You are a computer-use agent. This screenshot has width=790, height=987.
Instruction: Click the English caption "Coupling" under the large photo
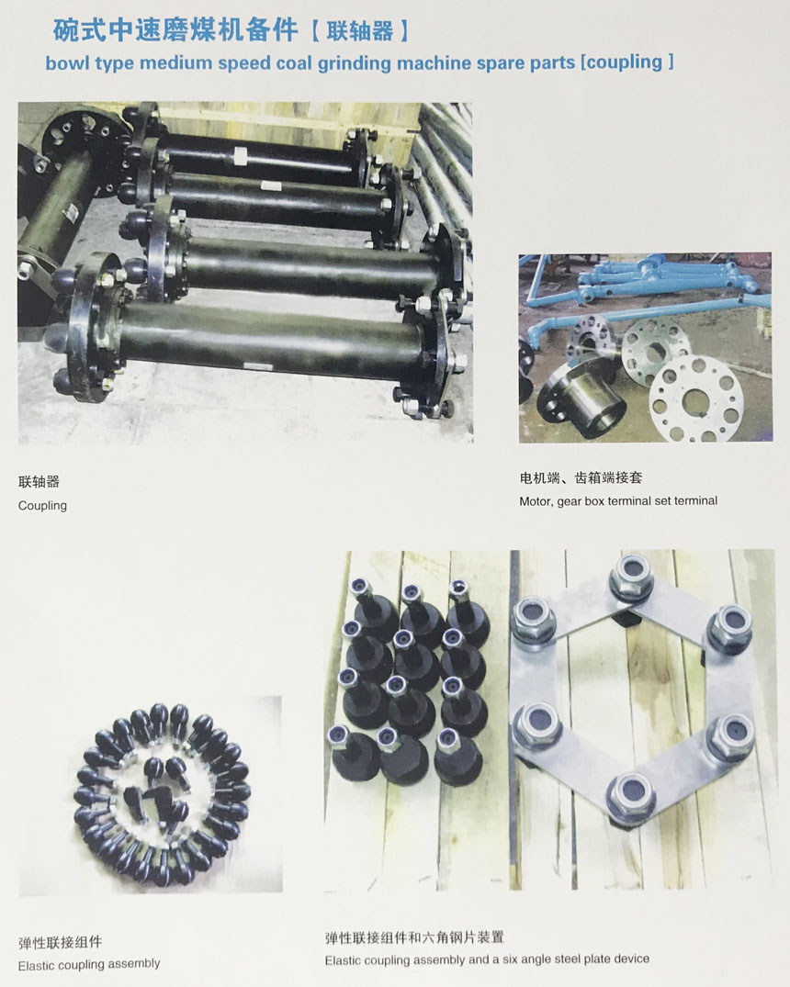pos(42,506)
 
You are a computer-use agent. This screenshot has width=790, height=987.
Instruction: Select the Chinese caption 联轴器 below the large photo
pos(39,481)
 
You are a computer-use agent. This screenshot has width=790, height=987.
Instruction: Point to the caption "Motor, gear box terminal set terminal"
pos(618,501)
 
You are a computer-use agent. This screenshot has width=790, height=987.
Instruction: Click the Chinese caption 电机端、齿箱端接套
pos(581,477)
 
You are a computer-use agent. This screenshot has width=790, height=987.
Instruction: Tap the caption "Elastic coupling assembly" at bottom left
pos(89,964)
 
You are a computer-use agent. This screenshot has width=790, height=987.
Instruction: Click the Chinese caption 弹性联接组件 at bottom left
pos(60,942)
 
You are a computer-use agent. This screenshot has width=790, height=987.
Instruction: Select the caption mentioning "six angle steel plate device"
pos(487,960)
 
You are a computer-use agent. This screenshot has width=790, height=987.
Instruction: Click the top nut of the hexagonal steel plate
pos(632,574)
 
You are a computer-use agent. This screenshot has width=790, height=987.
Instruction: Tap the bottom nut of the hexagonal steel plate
pos(630,795)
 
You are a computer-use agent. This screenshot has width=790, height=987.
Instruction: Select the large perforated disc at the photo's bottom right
pos(696,399)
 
